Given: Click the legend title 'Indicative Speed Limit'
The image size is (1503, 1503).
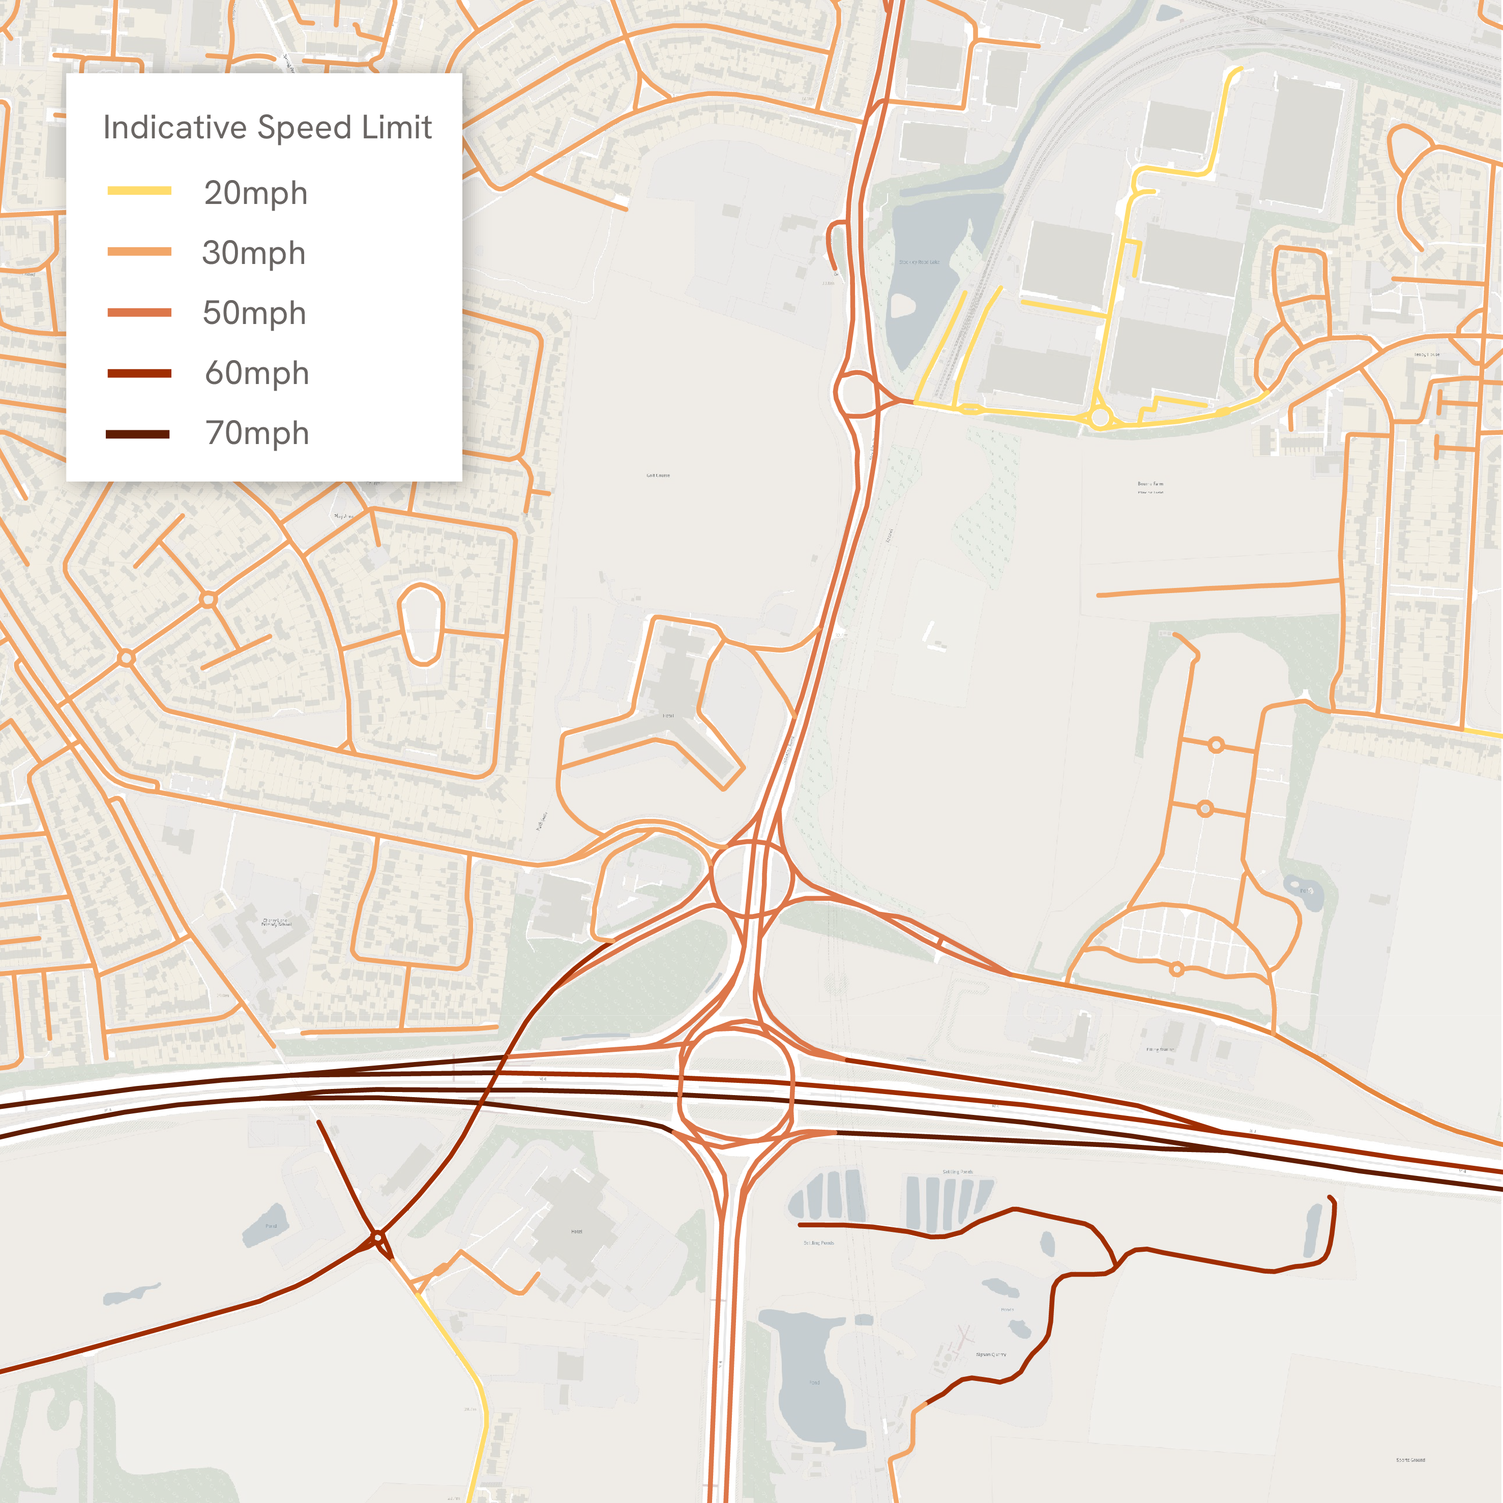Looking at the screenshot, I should pyautogui.click(x=267, y=128).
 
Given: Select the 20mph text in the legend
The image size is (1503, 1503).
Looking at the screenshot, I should pyautogui.click(x=255, y=193).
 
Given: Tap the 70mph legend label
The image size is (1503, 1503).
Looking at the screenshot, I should pyautogui.click(x=257, y=433).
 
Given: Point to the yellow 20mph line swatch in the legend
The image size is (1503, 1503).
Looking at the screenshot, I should pyautogui.click(x=139, y=191).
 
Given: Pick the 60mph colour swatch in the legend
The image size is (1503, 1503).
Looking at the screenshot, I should pyautogui.click(x=139, y=373).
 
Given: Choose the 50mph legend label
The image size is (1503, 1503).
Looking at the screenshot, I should pyautogui.click(x=254, y=313).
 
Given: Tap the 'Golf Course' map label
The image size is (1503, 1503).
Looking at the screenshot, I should pyautogui.click(x=658, y=476).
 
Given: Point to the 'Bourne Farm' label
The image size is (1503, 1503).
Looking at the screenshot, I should pyautogui.click(x=1150, y=484).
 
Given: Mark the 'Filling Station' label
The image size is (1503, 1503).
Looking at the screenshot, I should pyautogui.click(x=1160, y=1049).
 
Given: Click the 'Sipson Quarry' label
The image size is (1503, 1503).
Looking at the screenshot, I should pyautogui.click(x=990, y=1354).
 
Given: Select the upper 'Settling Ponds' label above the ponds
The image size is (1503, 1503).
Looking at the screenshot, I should pyautogui.click(x=957, y=1171).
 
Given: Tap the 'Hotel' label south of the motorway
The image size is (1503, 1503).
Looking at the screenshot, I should pyautogui.click(x=576, y=1231).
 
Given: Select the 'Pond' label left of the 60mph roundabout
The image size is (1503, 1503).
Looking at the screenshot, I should pyautogui.click(x=271, y=1226).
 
